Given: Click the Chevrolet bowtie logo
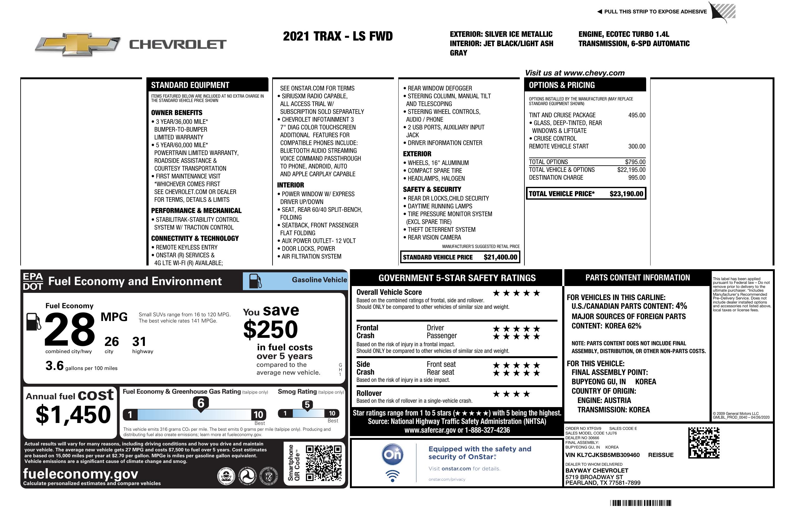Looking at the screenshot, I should pyautogui.click(x=78, y=44).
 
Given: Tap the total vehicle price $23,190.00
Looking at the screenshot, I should pyautogui.click(x=626, y=194).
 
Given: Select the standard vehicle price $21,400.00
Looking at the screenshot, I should pyautogui.click(x=500, y=257).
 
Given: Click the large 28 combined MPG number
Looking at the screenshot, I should pyautogui.click(x=70, y=329).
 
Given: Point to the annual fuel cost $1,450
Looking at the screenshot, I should pyautogui.click(x=73, y=415).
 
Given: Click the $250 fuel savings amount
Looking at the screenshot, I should pyautogui.click(x=271, y=329).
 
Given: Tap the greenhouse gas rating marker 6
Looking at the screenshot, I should pyautogui.click(x=201, y=403).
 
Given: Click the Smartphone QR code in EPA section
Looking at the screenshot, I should pyautogui.click(x=323, y=463).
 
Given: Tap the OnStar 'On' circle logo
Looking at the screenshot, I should pyautogui.click(x=392, y=454).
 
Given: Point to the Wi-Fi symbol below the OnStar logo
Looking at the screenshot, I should pyautogui.click(x=392, y=476).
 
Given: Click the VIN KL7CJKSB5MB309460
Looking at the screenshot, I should pyautogui.click(x=602, y=455).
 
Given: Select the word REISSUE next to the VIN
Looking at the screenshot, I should pyautogui.click(x=661, y=455).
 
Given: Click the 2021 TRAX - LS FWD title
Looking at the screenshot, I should pyautogui.click(x=337, y=36).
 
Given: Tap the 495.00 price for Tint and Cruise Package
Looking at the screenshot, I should pyautogui.click(x=636, y=115).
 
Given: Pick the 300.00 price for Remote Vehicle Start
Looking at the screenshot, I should pyautogui.click(x=636, y=146).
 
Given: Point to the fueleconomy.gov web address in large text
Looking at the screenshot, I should pyautogui.click(x=81, y=474).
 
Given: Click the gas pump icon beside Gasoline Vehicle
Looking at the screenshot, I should pyautogui.click(x=256, y=281).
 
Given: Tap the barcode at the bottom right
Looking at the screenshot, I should pyautogui.click(x=640, y=503).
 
